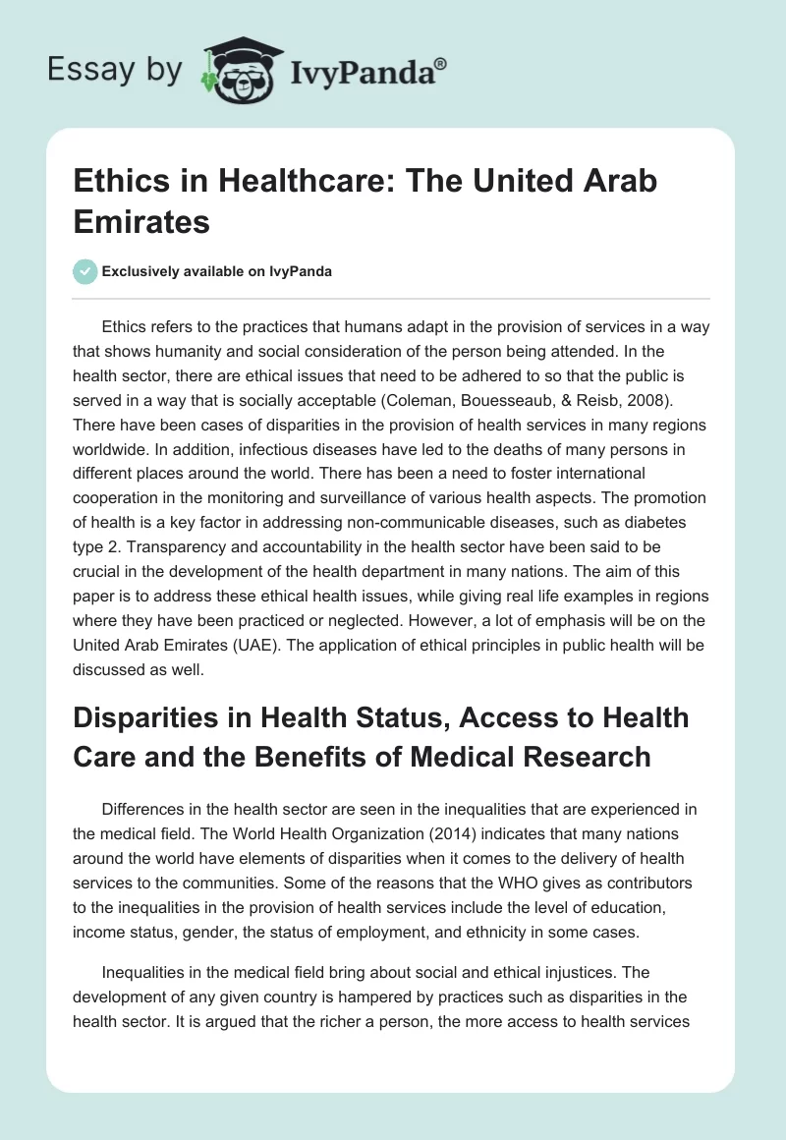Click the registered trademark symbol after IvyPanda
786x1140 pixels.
[x=440, y=65]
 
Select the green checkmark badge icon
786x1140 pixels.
[x=86, y=271]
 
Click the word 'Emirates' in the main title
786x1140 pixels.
[x=142, y=221]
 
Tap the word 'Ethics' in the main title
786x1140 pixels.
[x=117, y=182]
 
